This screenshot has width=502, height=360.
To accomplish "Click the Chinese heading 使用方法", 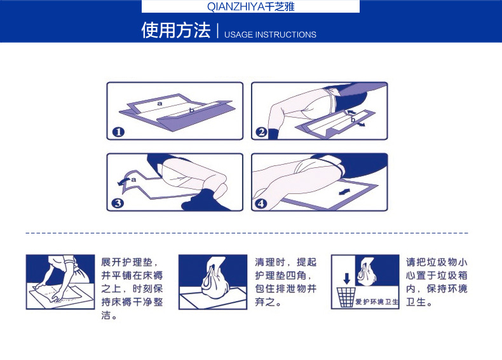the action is click(176, 31).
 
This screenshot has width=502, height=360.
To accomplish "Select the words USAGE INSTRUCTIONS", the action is click(270, 34).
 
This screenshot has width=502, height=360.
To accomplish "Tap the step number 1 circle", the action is click(118, 132).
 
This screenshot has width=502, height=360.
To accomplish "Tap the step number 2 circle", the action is click(262, 132).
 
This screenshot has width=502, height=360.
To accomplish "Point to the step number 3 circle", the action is click(118, 204).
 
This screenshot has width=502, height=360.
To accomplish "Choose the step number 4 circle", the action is click(261, 204).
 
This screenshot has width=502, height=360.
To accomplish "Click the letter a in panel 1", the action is click(159, 104).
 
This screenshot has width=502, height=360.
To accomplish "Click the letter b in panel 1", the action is click(191, 110).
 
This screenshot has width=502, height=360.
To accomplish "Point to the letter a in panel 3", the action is click(133, 179).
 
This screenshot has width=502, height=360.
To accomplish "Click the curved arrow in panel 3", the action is click(123, 181).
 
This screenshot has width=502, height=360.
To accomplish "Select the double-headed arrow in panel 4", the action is click(344, 192).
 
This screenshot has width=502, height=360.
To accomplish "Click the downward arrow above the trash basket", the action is click(347, 279).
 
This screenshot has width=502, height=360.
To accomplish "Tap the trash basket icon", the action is click(346, 297).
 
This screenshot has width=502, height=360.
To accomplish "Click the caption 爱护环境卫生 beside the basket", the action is click(377, 302).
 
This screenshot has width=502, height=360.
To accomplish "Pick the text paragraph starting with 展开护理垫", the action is click(132, 289).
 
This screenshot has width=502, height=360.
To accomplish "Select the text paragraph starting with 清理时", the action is click(285, 282).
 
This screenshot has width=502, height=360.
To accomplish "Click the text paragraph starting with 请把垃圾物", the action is click(437, 282).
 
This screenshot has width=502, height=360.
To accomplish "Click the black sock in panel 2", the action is click(273, 134).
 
